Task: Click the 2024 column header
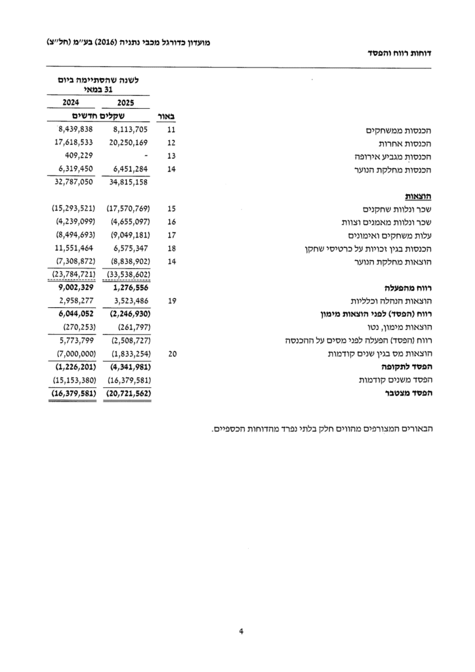72,102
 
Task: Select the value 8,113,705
131,129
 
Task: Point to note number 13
173,156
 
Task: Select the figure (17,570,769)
129,208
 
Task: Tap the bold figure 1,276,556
131,287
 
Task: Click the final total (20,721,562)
129,393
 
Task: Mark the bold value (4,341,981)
129,367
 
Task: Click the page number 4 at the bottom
241,632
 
